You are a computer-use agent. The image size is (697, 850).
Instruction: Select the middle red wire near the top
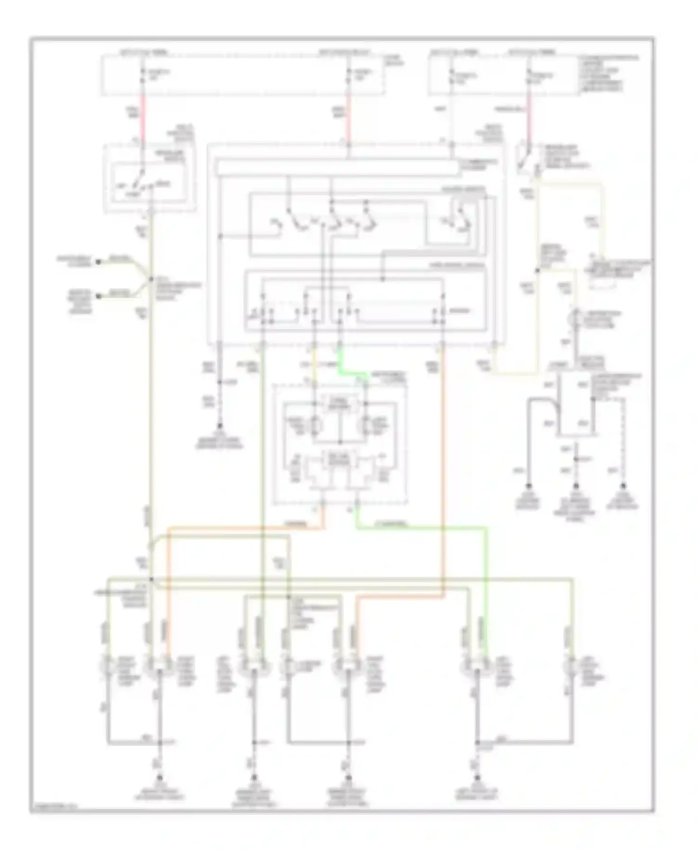click(348, 119)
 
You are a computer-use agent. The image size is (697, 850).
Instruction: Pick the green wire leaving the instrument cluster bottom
click(418, 527)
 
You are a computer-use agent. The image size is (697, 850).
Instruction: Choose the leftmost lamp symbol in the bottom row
click(108, 666)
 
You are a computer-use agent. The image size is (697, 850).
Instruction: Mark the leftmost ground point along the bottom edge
click(159, 777)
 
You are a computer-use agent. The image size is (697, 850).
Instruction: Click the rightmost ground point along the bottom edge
click(477, 777)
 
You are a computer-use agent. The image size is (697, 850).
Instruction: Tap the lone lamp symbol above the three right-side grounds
click(576, 318)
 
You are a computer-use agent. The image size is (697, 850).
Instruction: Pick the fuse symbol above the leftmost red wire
click(143, 75)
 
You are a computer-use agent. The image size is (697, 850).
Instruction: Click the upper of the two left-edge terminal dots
click(99, 262)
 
